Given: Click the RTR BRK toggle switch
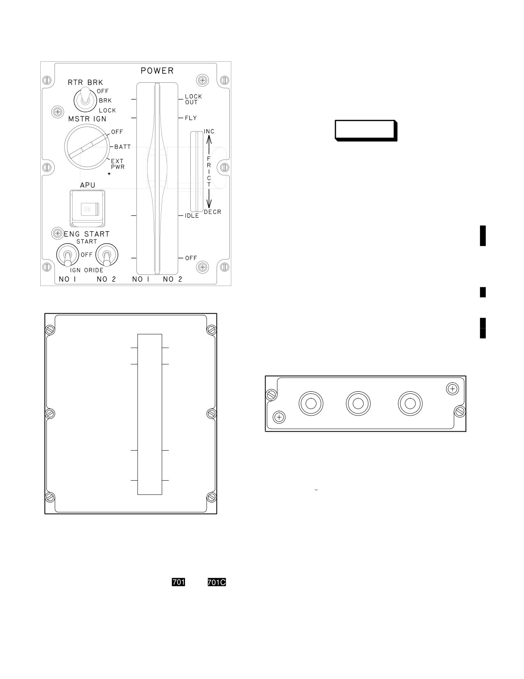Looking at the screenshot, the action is click(x=85, y=99).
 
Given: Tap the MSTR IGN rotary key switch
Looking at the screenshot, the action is click(x=87, y=146).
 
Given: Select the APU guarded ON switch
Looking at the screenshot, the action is click(x=88, y=208).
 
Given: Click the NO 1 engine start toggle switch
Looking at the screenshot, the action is click(x=68, y=255).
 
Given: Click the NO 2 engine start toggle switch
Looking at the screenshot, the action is click(x=107, y=255).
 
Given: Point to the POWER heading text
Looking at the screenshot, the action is click(x=157, y=71).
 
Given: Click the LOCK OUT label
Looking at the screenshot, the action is click(x=193, y=99).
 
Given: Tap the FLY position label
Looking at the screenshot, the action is click(x=191, y=118).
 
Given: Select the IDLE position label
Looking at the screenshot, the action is click(x=192, y=216).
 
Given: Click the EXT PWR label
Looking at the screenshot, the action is click(x=118, y=164).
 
